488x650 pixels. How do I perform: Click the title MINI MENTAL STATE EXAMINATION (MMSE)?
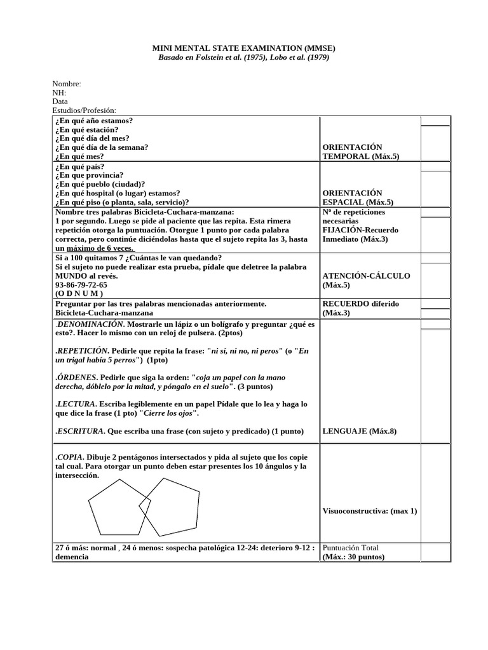244,48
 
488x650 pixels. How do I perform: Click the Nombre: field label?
67,84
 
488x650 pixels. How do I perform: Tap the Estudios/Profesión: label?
85,110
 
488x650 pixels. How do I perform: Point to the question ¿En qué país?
81,166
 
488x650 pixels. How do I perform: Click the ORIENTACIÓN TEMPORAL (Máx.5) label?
362,152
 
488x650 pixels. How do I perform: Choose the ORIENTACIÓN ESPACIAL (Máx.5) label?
362,197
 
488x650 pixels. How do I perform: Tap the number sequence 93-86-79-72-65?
81,285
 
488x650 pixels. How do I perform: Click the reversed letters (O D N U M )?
79,294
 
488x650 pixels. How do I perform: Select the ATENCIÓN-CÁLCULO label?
367,276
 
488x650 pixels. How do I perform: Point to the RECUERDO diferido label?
361,304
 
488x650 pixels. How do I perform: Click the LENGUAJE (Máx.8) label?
360,432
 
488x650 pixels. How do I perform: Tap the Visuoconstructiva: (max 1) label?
370,511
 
